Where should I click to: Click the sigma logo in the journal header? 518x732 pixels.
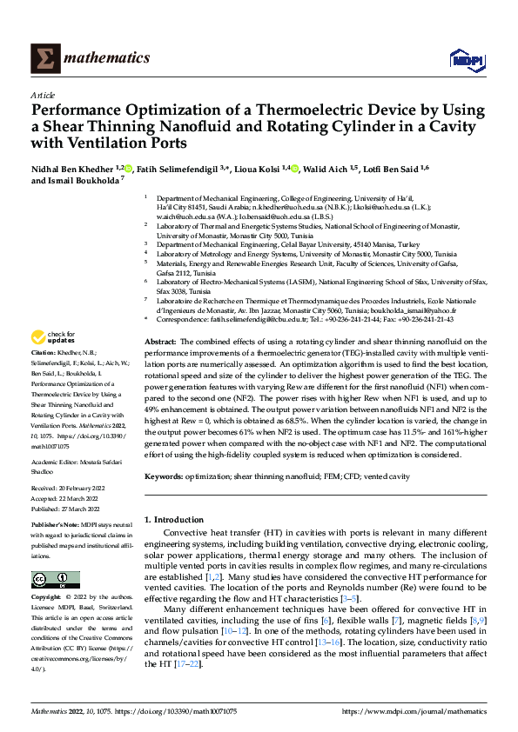44,58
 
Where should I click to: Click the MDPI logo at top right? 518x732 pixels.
463,58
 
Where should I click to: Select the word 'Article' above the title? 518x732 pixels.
43,96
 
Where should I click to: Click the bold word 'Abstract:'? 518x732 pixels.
161,343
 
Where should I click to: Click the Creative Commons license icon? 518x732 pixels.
50,578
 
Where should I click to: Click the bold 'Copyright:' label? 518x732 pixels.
45,598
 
